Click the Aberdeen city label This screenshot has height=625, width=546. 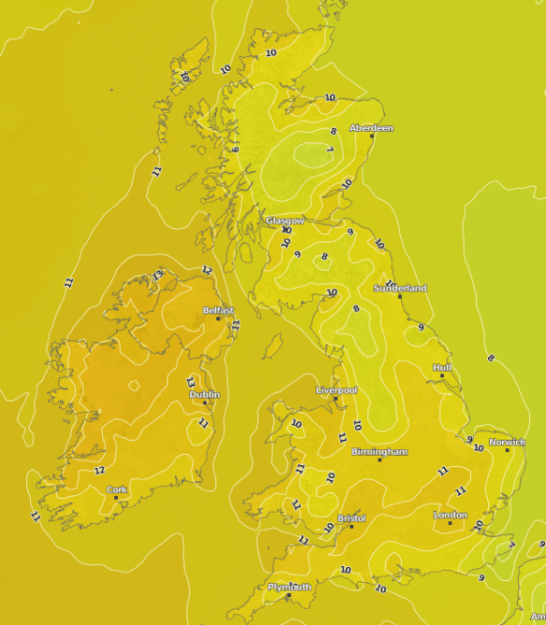pos(371,128)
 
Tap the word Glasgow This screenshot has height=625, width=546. pos(284,220)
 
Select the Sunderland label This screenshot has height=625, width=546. pos(400,288)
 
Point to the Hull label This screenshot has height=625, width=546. pos(442,368)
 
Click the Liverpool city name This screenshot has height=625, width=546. pos(337,390)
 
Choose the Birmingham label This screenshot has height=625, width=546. pos(379,452)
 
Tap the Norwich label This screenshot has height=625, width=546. pos(508,442)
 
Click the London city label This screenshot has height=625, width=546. pos(450,515)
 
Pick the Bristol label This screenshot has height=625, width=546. pos(352,518)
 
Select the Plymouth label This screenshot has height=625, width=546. pos(289,587)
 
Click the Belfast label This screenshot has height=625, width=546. pos(218,310)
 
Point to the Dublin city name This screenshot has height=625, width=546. pos(205,395)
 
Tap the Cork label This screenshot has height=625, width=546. pos(116,490)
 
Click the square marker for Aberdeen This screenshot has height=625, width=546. pos(372,135)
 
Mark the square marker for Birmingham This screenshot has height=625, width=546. pos(380,460)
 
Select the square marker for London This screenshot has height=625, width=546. pos(450,522)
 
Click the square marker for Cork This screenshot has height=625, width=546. pos(116,497)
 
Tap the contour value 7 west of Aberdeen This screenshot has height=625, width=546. pos(330,149)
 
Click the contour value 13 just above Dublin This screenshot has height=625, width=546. pos(191,383)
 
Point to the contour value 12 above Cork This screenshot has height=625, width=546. pos(99,471)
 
